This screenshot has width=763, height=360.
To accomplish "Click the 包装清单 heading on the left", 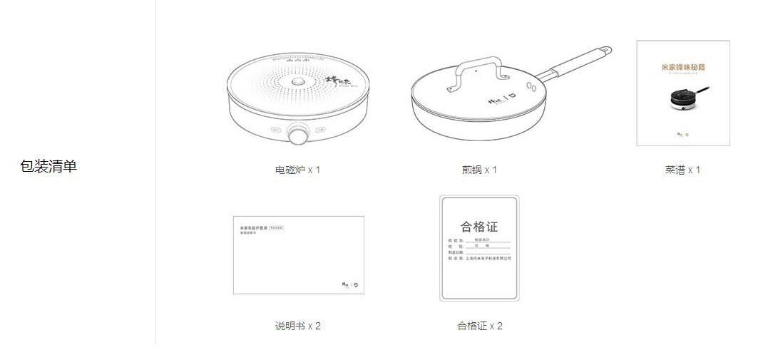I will [48, 167].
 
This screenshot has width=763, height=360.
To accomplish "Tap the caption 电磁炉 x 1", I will [297, 170].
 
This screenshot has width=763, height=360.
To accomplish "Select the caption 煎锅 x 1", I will [479, 170].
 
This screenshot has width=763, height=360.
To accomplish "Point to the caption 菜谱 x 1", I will [682, 170].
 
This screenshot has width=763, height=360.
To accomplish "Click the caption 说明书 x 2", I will [297, 326].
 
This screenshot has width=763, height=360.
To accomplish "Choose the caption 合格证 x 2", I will [479, 326].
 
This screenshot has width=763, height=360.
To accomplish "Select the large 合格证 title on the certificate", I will [479, 227].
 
